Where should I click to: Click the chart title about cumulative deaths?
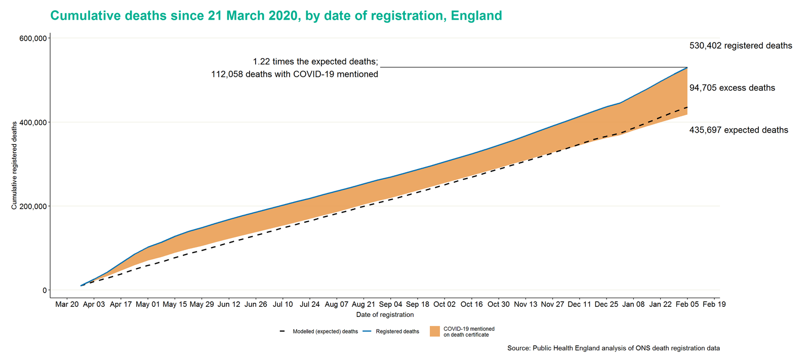[x=276, y=16]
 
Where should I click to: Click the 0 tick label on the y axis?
[x=45, y=290]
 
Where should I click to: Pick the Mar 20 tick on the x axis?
[x=67, y=304]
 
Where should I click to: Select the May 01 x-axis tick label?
[x=148, y=304]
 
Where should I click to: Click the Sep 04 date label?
[x=390, y=304]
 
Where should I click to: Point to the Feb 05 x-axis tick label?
[x=687, y=304]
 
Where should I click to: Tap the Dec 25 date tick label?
[x=606, y=304]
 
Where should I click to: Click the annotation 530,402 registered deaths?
[x=741, y=46]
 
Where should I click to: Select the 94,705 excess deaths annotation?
[x=732, y=88]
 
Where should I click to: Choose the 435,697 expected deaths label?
[x=739, y=130]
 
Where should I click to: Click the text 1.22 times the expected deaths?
[x=315, y=62]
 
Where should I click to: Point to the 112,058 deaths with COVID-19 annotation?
[x=294, y=74]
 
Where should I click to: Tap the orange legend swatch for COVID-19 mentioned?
[x=434, y=331]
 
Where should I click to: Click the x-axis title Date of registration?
[x=385, y=315]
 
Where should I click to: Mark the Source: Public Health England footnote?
[x=613, y=348]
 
